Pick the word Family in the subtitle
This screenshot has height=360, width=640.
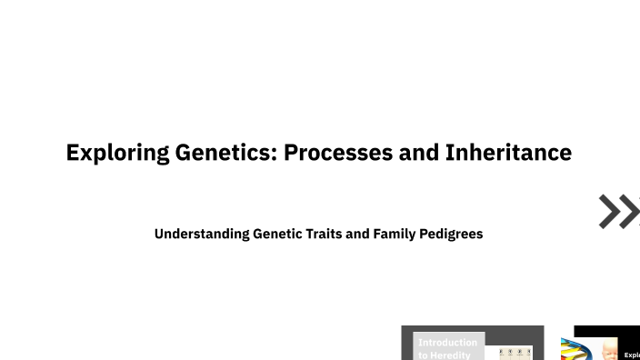(x=393, y=234)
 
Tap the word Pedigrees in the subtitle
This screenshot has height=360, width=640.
(x=451, y=234)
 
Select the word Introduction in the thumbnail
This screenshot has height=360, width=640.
(x=447, y=343)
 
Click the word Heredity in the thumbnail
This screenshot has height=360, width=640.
(x=452, y=355)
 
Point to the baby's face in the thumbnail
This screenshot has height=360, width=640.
(x=606, y=352)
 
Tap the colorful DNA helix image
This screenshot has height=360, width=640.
(x=574, y=351)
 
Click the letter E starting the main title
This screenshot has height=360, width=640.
(x=73, y=153)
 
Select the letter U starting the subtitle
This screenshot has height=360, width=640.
(x=159, y=234)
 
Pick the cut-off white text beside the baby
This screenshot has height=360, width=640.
(x=632, y=355)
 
